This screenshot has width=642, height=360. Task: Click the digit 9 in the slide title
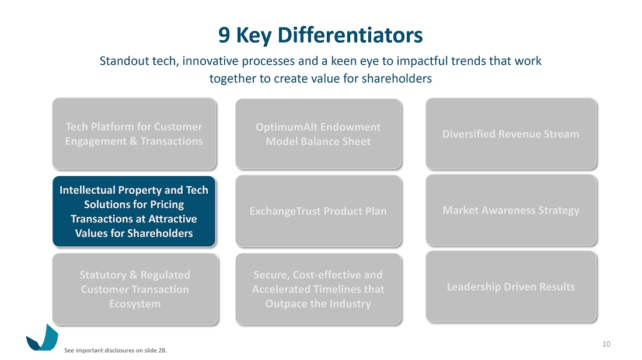(224, 35)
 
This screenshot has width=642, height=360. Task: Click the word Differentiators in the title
(350, 35)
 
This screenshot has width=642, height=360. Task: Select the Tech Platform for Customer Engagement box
(134, 134)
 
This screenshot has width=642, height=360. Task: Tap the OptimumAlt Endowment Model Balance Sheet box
(318, 134)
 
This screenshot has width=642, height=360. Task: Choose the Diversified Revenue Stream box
(511, 134)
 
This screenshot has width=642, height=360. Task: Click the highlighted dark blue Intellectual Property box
(134, 211)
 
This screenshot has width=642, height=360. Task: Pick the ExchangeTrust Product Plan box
(318, 211)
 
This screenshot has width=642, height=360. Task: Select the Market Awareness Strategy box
(511, 210)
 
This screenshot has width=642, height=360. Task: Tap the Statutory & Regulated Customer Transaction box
(135, 289)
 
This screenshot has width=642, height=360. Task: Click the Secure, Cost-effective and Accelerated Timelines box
(318, 289)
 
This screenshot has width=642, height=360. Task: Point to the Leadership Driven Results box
(511, 286)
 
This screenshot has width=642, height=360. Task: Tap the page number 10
(606, 344)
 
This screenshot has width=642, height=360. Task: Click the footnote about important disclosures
(116, 351)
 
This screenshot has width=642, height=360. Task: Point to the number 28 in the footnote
(162, 351)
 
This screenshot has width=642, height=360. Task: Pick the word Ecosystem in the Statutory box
(135, 304)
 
